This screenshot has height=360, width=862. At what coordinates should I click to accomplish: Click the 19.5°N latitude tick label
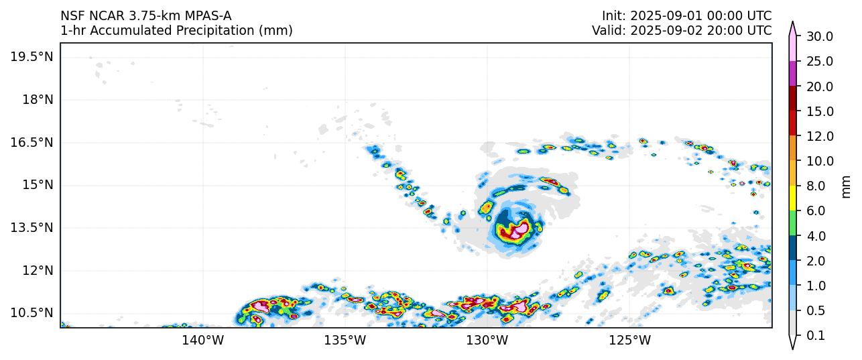point(32,57)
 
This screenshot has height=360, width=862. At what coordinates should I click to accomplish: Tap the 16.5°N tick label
point(32,142)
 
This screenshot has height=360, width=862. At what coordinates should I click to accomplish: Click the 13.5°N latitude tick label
point(32,227)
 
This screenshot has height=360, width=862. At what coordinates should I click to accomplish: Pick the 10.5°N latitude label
point(32,313)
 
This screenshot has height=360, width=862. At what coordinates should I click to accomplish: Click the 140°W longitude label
point(203,341)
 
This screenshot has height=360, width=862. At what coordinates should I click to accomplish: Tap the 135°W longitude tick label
point(345,341)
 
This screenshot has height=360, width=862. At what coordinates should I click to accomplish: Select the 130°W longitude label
point(487,341)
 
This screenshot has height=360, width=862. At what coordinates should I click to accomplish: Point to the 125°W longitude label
point(629,341)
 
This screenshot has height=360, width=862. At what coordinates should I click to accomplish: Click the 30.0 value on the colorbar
point(819,36)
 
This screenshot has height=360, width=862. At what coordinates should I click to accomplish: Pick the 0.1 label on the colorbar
point(815,336)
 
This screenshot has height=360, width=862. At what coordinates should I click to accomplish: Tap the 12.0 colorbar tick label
point(819,136)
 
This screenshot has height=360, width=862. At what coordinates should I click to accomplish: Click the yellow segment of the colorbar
point(792,198)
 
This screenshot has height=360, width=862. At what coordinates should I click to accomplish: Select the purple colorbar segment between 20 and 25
point(792,74)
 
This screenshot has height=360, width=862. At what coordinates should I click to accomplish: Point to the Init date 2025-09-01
point(664,15)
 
